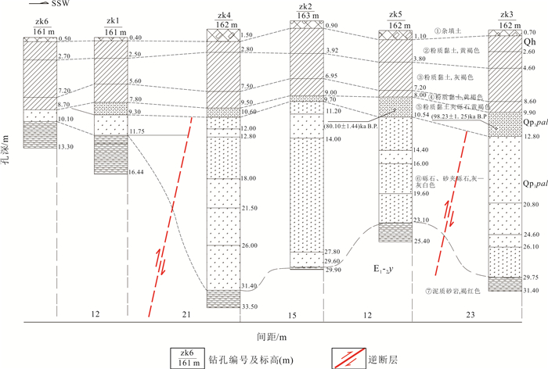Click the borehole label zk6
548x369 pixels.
(36, 21)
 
